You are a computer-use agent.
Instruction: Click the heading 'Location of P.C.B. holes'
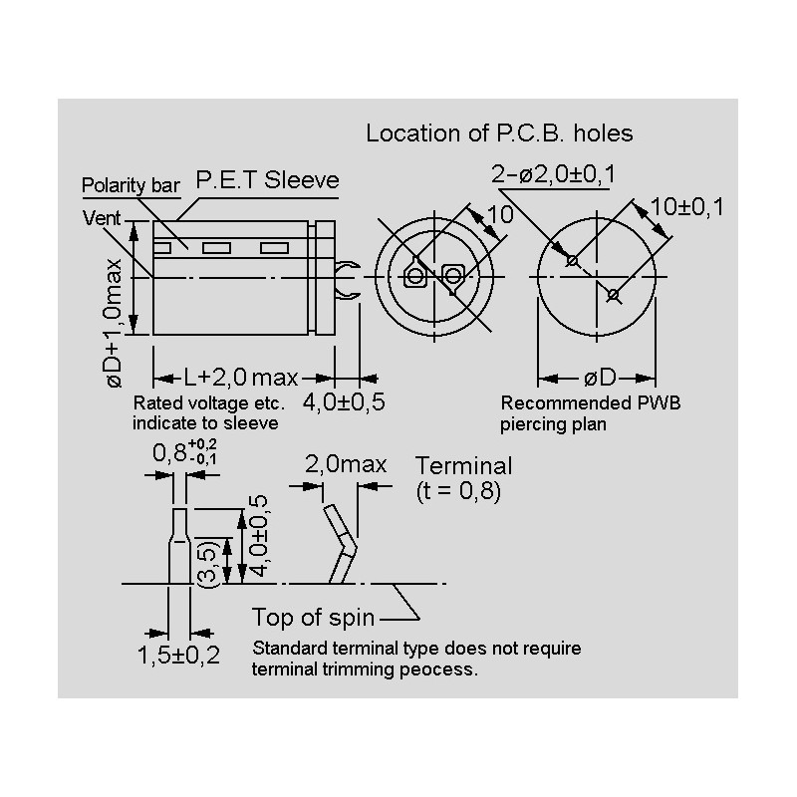(499, 133)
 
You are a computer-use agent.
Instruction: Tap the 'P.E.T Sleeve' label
(267, 180)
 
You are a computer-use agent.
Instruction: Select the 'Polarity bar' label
(131, 186)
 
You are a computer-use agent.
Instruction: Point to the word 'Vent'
(101, 216)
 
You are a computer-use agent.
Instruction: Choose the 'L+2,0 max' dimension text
(241, 377)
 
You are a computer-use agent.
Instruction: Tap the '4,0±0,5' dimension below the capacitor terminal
(344, 402)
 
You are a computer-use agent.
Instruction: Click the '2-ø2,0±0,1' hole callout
(554, 175)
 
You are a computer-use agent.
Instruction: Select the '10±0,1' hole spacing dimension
(686, 206)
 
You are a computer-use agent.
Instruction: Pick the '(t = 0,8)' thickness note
(457, 491)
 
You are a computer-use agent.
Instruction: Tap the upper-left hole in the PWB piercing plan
(573, 261)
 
